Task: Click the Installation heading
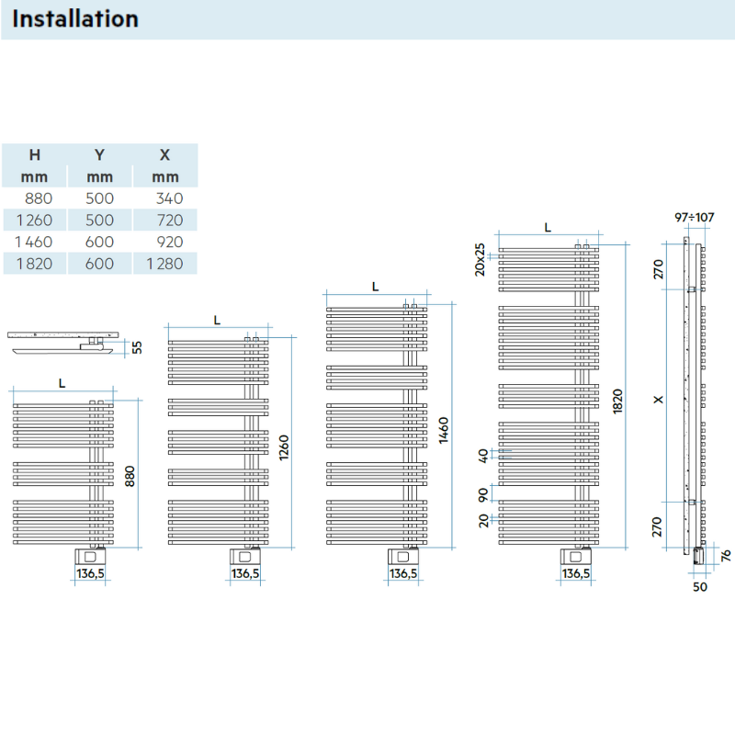click(x=76, y=18)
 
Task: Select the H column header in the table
click(x=35, y=155)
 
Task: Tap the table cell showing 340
click(x=170, y=198)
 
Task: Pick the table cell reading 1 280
click(x=164, y=264)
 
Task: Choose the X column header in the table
click(x=165, y=155)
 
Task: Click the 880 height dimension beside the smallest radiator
click(x=130, y=476)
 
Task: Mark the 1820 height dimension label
click(x=618, y=399)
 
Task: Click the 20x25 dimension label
click(x=479, y=259)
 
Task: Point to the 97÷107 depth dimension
click(x=694, y=218)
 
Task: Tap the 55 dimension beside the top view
click(x=138, y=346)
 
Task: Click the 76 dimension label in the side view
click(x=725, y=554)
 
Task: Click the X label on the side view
click(x=657, y=400)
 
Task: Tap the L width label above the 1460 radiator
click(x=375, y=287)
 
